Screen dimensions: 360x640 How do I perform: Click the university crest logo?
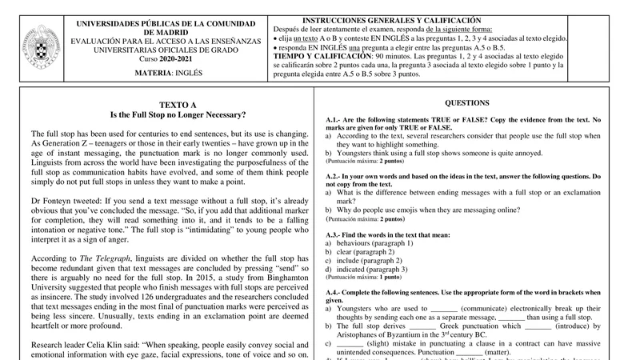pos(30,47)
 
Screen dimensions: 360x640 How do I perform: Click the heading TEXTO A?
pos(178,105)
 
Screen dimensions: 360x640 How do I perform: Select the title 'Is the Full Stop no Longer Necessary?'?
pos(178,115)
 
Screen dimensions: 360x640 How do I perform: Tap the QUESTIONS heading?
pos(467,103)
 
